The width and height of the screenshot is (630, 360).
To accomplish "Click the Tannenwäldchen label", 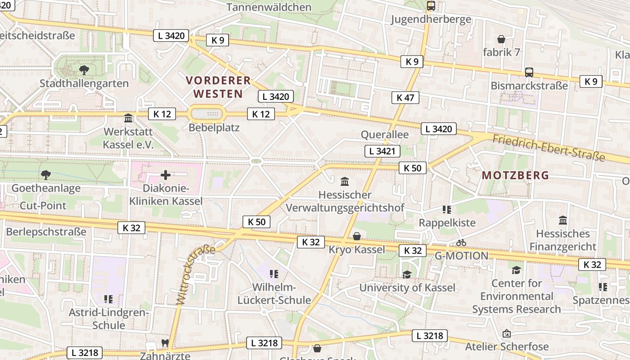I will click(269, 7).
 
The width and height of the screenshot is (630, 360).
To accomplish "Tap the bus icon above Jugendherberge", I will click(431, 6).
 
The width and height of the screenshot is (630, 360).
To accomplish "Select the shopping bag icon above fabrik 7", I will click(501, 39).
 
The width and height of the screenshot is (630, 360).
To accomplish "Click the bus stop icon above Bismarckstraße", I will click(529, 72).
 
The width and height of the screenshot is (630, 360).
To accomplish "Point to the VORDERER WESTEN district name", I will click(218, 87).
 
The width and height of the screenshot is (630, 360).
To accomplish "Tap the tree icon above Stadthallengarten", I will click(84, 70).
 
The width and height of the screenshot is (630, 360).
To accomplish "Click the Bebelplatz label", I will click(214, 127).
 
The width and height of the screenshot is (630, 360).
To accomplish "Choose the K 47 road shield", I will click(405, 97).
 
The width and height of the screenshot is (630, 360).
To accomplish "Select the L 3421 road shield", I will click(382, 151).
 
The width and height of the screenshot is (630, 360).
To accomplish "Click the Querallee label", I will click(385, 135).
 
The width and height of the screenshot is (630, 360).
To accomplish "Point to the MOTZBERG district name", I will click(515, 175).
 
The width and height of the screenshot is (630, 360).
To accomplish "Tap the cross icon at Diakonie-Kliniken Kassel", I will click(166, 175).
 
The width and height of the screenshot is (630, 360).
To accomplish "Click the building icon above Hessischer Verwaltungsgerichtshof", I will click(345, 182).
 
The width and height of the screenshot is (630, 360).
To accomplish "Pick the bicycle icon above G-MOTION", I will click(461, 243).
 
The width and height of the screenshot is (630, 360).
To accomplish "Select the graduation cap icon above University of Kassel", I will click(407, 274).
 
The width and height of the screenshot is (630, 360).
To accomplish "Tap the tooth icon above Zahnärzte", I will click(165, 343).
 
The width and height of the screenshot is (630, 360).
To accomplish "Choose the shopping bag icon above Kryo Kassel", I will click(357, 236).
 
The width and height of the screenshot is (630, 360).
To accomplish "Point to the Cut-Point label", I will click(43, 206).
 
